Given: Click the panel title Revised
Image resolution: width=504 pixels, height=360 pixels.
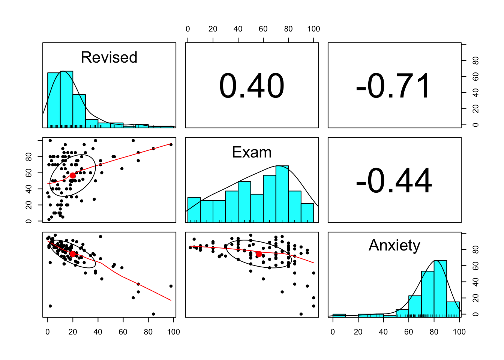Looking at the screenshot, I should click(109, 57).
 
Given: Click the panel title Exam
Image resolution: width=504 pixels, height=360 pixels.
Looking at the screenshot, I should click(252, 152).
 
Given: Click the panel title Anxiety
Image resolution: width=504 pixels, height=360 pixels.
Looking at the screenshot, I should click(394, 245).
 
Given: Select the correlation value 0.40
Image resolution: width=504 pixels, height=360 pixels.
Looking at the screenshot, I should click(252, 86).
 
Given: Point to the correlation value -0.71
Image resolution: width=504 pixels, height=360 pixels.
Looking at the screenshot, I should click(394, 86).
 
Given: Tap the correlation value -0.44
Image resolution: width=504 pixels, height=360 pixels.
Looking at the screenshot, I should click(394, 181).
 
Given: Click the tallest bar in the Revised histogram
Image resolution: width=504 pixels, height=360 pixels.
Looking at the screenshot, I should click(66, 99).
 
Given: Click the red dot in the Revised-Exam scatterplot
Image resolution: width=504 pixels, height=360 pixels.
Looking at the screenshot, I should click(73, 175).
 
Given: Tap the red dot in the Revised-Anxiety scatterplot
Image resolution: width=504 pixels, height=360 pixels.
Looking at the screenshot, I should click(73, 254).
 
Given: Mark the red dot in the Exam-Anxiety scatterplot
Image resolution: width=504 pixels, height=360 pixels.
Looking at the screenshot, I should click(259, 254).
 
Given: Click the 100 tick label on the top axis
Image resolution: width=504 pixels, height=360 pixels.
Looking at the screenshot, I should click(313, 29).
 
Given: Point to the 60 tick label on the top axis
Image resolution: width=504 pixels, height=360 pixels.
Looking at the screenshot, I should click(263, 29).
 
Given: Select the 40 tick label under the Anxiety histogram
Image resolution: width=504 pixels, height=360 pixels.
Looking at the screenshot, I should click(383, 332).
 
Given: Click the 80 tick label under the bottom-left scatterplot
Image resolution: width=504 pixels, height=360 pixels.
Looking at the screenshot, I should click(148, 332).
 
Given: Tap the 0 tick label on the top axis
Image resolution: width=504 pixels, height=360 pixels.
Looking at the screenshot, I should click(187, 29).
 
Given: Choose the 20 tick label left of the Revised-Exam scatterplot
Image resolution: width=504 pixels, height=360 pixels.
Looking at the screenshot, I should click(28, 205).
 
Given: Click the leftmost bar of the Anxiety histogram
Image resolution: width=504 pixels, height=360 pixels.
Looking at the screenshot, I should click(339, 315).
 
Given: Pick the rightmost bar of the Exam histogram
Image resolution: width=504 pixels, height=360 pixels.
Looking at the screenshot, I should click(307, 213).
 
